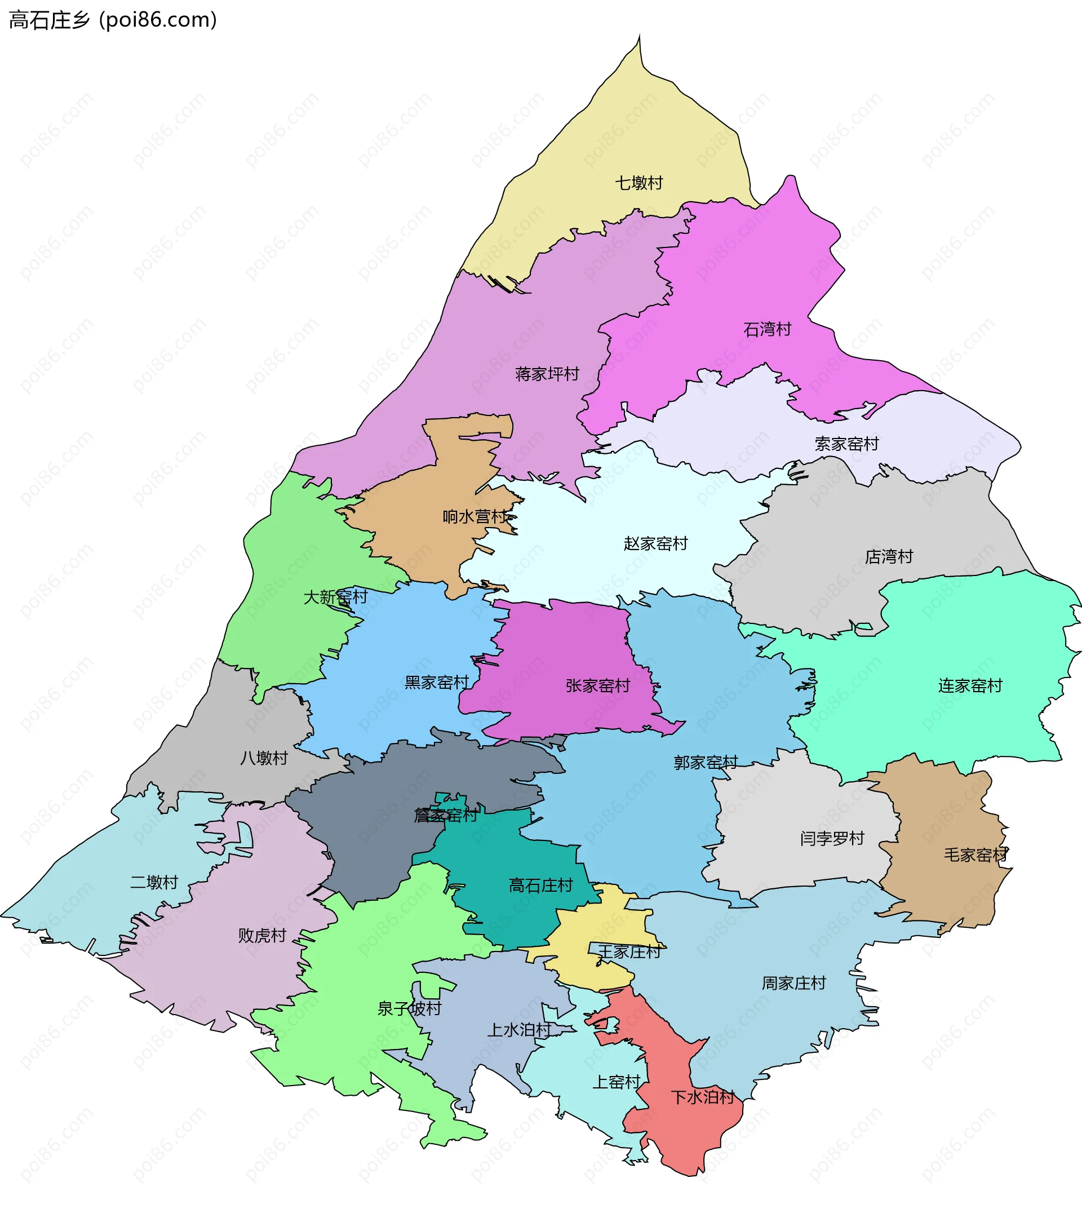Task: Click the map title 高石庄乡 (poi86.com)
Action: [113, 20]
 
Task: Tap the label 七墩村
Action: [638, 183]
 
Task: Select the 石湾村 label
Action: [767, 329]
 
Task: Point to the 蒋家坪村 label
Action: [547, 374]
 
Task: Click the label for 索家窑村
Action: [846, 444]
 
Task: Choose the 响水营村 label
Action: [475, 516]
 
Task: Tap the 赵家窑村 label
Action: [655, 543]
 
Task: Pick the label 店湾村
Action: [889, 556]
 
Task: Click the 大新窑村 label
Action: [335, 596]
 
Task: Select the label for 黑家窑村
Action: [436, 682]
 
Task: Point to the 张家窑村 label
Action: [597, 685]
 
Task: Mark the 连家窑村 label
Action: [970, 685]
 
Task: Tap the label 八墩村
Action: [263, 758]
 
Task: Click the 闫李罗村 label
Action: [832, 838]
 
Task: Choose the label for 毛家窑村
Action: [975, 855]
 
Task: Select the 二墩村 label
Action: [154, 882]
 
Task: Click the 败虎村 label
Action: [262, 935]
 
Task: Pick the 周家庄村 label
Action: [793, 983]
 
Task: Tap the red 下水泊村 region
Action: [684, 1130]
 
